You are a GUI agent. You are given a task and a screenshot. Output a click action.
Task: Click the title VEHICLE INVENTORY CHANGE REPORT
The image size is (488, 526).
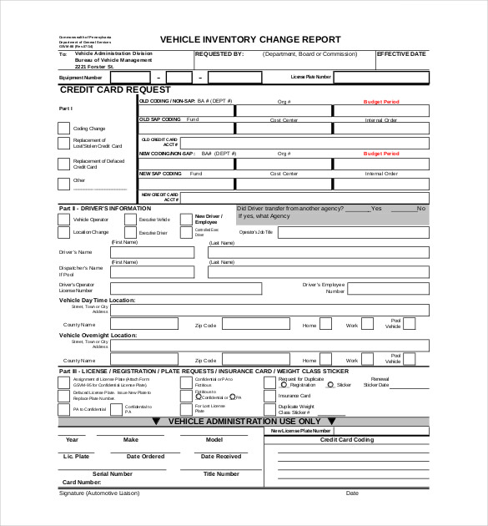pyautogui.click(x=250, y=39)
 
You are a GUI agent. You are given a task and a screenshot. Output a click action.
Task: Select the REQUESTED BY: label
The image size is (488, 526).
pyautogui.click(x=219, y=54)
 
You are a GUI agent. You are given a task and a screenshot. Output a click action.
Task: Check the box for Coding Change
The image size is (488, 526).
pyautogui.click(x=63, y=128)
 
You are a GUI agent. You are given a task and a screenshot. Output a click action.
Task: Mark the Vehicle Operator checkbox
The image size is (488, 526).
pyautogui.click(x=64, y=220)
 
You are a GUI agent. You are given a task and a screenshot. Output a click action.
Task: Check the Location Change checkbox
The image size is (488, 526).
pyautogui.click(x=64, y=233)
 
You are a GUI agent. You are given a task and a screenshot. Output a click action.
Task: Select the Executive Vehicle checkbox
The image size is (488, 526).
pyautogui.click(x=130, y=220)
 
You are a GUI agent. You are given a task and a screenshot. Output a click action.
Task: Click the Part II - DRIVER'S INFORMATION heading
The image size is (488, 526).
pyautogui.click(x=105, y=208)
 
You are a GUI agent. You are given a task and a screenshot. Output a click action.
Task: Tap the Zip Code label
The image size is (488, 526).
pyautogui.click(x=206, y=325)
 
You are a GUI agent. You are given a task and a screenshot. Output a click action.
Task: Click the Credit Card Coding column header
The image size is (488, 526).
pyautogui.click(x=347, y=439)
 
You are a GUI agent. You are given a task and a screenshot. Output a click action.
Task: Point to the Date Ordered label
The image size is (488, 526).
pyautogui.click(x=145, y=457)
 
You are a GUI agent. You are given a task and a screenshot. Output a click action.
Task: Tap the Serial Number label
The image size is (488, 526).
pyautogui.click(x=112, y=473)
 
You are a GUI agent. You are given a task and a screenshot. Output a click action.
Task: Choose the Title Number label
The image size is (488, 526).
pyautogui.click(x=221, y=473)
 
